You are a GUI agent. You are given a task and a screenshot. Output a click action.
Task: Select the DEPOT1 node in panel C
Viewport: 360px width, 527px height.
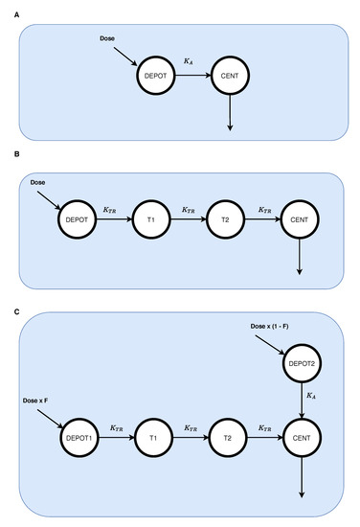tap(79, 440)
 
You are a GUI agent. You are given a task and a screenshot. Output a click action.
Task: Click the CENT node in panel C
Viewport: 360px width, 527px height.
tap(303, 440)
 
